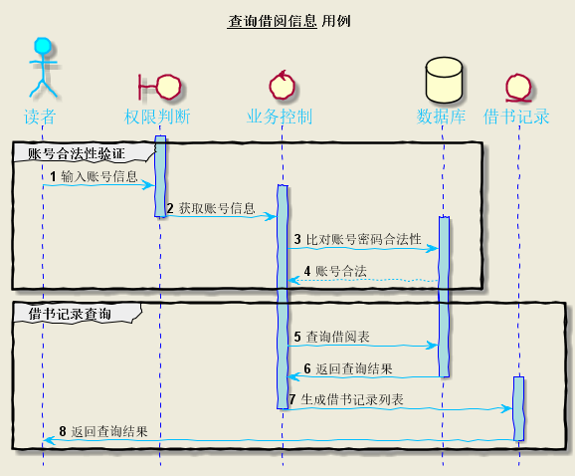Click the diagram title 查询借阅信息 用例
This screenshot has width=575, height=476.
tap(288, 21)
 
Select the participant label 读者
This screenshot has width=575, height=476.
tap(42, 117)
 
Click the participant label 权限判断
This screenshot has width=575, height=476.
tap(158, 117)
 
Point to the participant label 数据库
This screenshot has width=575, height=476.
tap(442, 117)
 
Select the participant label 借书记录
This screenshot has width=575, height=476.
tap(516, 117)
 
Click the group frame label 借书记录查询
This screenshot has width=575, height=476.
tap(70, 314)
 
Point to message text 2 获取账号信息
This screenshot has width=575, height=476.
tap(210, 208)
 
